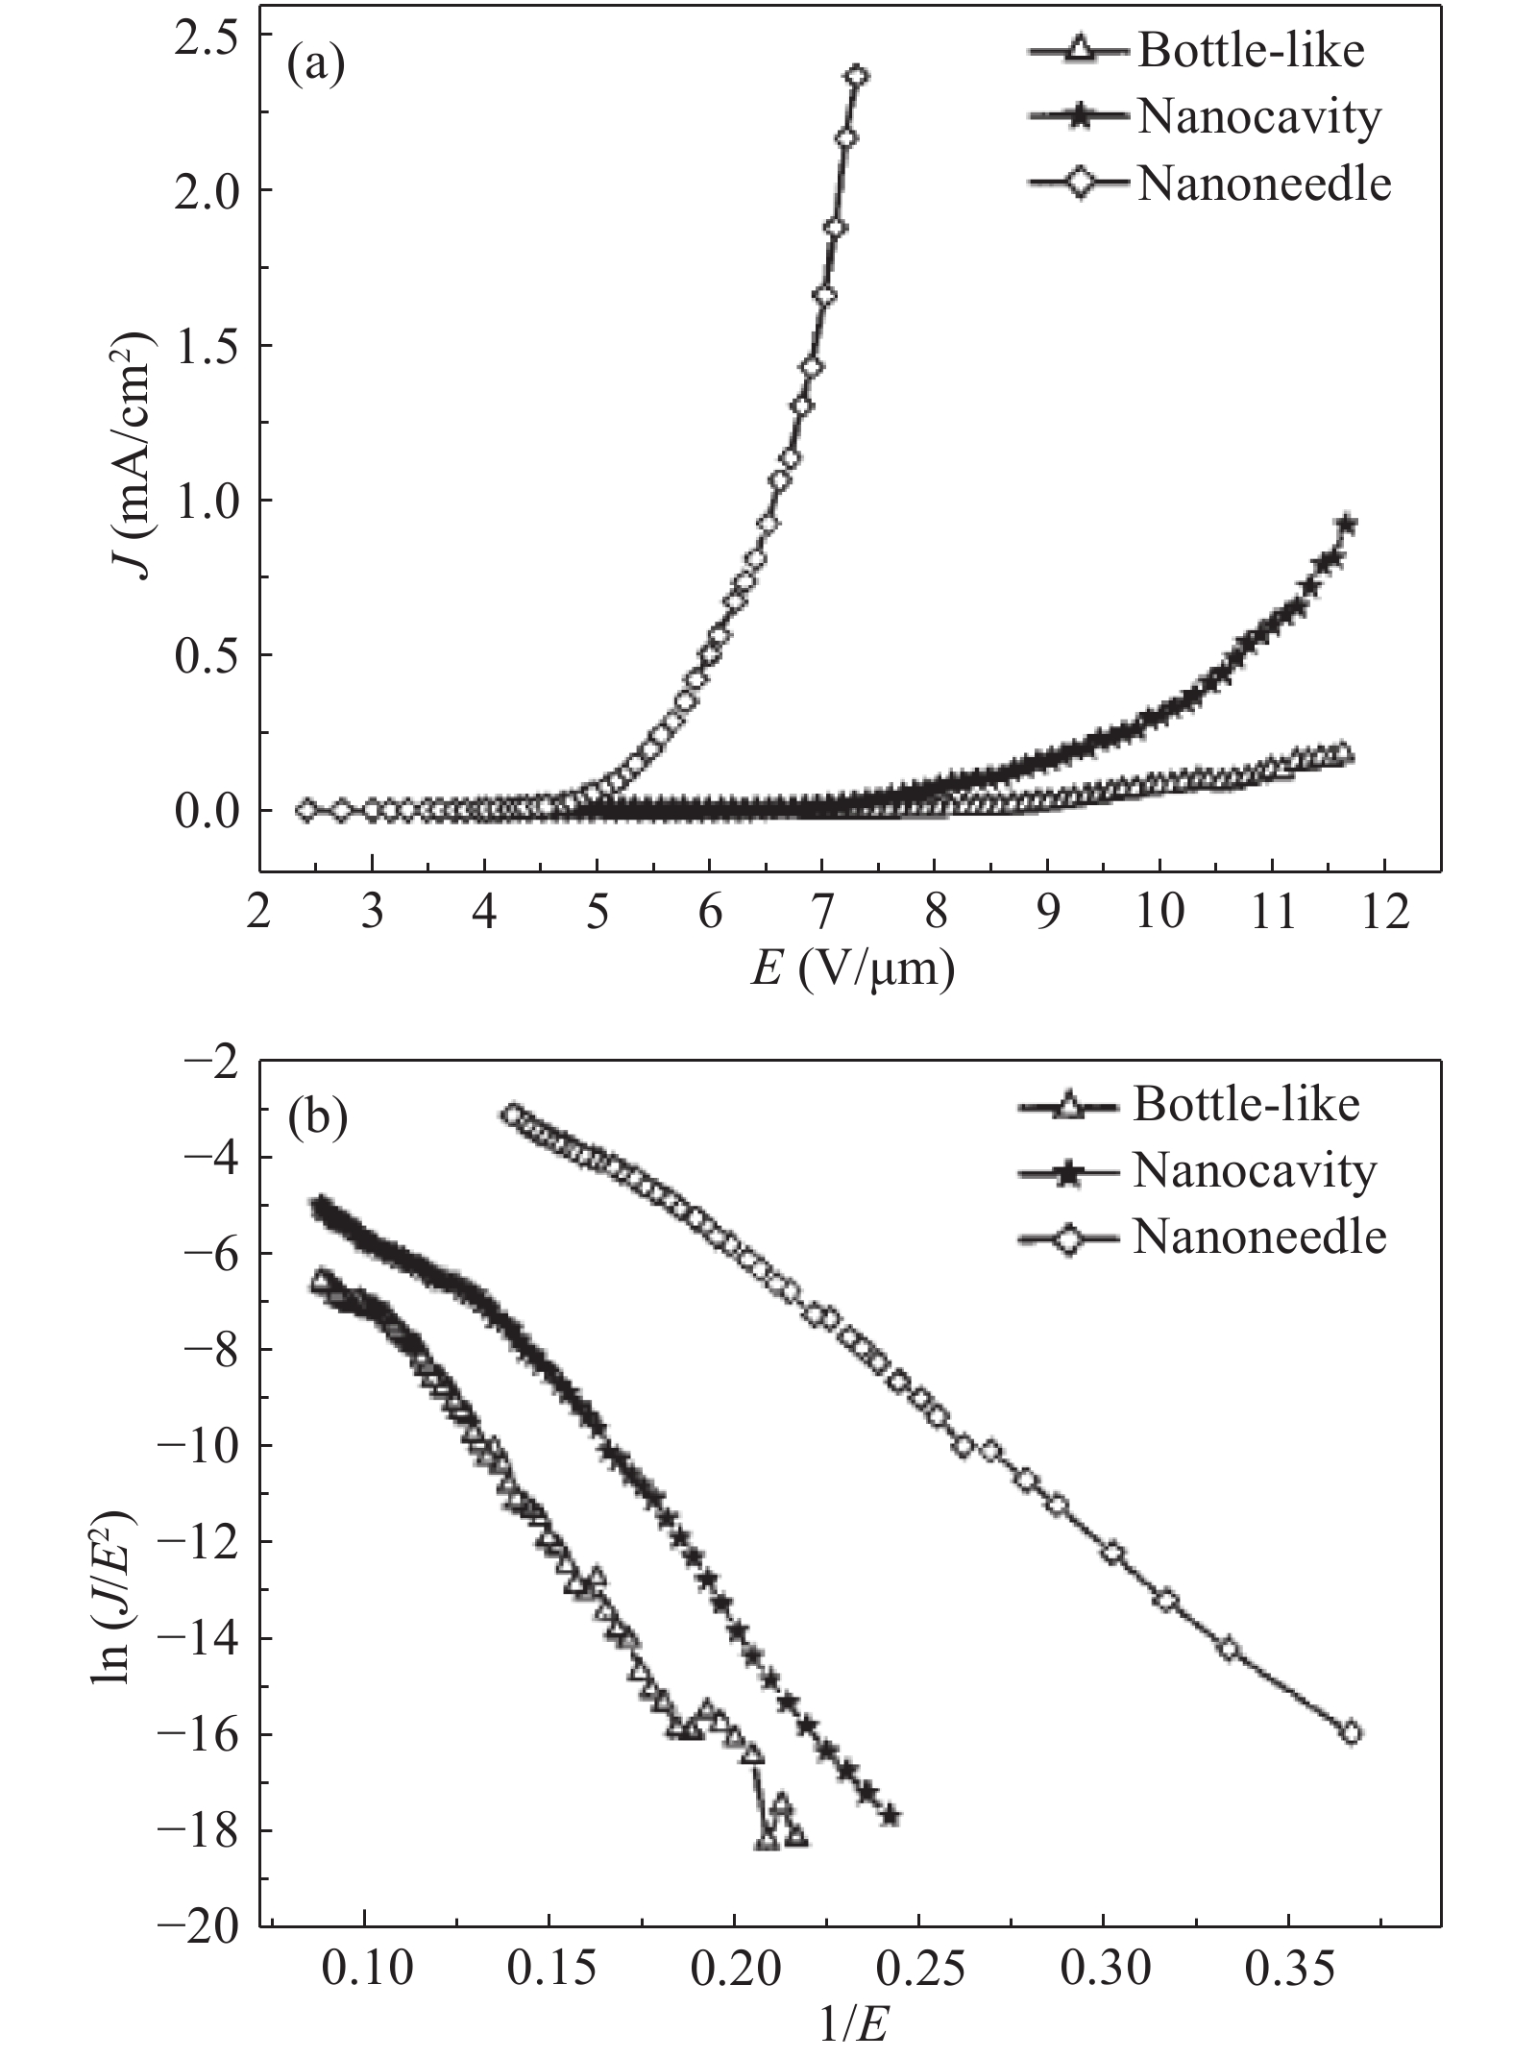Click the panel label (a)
[x=316, y=70]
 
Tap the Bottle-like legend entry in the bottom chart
[x=1246, y=1105]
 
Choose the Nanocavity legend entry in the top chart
[x=1258, y=117]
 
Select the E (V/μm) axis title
[x=851, y=971]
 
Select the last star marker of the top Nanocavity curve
[x=1347, y=525]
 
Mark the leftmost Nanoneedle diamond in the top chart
[x=306, y=810]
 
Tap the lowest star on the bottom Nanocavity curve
[x=891, y=1816]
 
